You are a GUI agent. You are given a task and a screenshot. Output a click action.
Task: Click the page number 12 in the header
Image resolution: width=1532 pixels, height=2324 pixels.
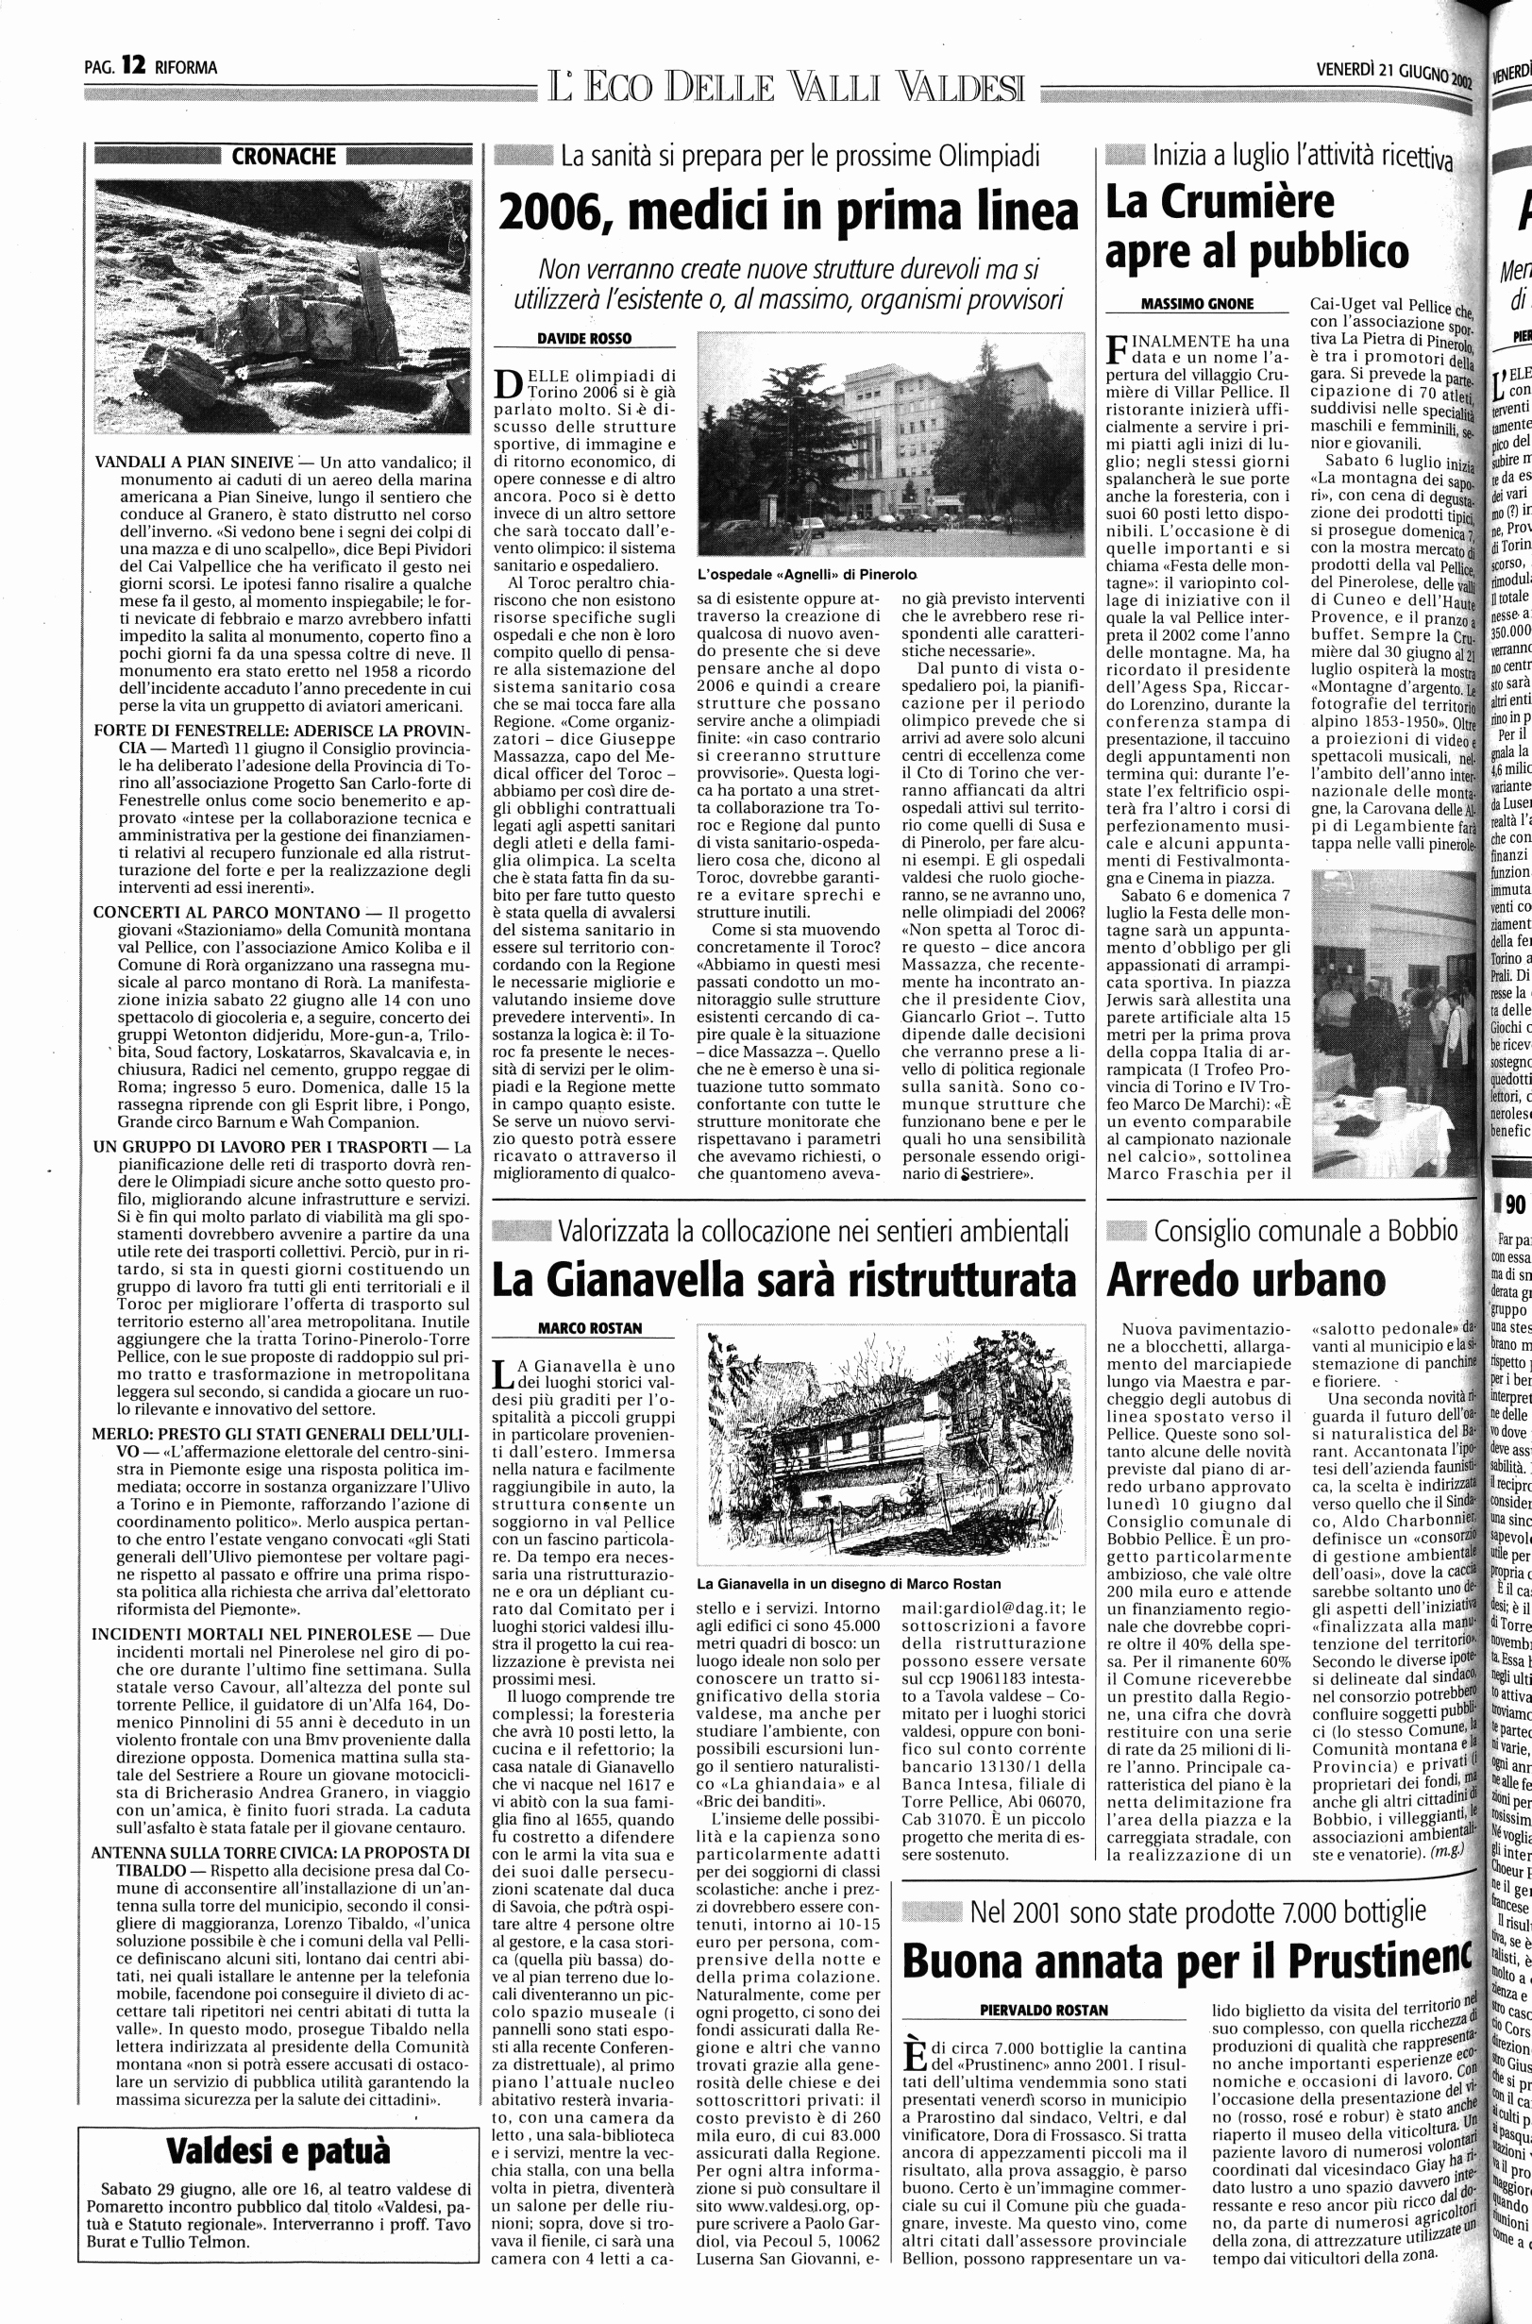tap(133, 66)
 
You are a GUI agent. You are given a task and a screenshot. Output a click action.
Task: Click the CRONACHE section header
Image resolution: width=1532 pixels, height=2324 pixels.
tap(283, 157)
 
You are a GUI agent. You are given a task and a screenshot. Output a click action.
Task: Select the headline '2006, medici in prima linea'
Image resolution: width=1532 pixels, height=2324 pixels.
tap(788, 211)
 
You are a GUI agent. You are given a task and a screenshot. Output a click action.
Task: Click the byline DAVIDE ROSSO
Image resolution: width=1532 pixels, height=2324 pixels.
tap(584, 338)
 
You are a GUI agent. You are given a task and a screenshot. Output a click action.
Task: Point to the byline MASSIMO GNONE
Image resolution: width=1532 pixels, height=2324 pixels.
tap(1197, 304)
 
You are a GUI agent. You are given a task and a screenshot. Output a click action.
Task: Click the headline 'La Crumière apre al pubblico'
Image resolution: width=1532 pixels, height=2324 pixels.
tap(1256, 227)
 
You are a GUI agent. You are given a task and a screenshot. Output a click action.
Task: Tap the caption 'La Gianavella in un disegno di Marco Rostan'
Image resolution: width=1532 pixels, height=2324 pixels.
tap(848, 1584)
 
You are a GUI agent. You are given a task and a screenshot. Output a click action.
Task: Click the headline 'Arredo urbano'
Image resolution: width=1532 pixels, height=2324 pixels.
tap(1246, 1279)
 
